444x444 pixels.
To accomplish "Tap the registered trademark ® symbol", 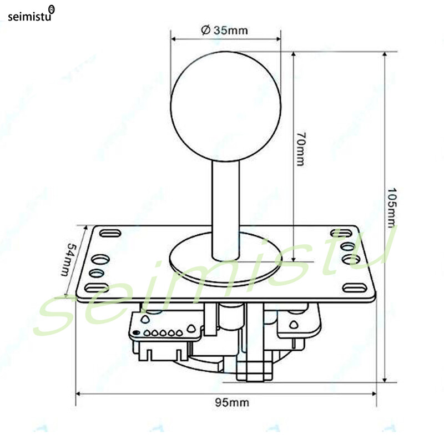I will [x=52, y=9].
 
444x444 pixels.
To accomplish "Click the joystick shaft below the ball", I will [x=225, y=205].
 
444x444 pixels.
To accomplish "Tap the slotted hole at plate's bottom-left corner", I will [x=97, y=287].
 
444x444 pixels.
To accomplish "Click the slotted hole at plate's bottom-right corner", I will [x=354, y=287].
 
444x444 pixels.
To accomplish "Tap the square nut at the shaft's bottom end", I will [x=254, y=369].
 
